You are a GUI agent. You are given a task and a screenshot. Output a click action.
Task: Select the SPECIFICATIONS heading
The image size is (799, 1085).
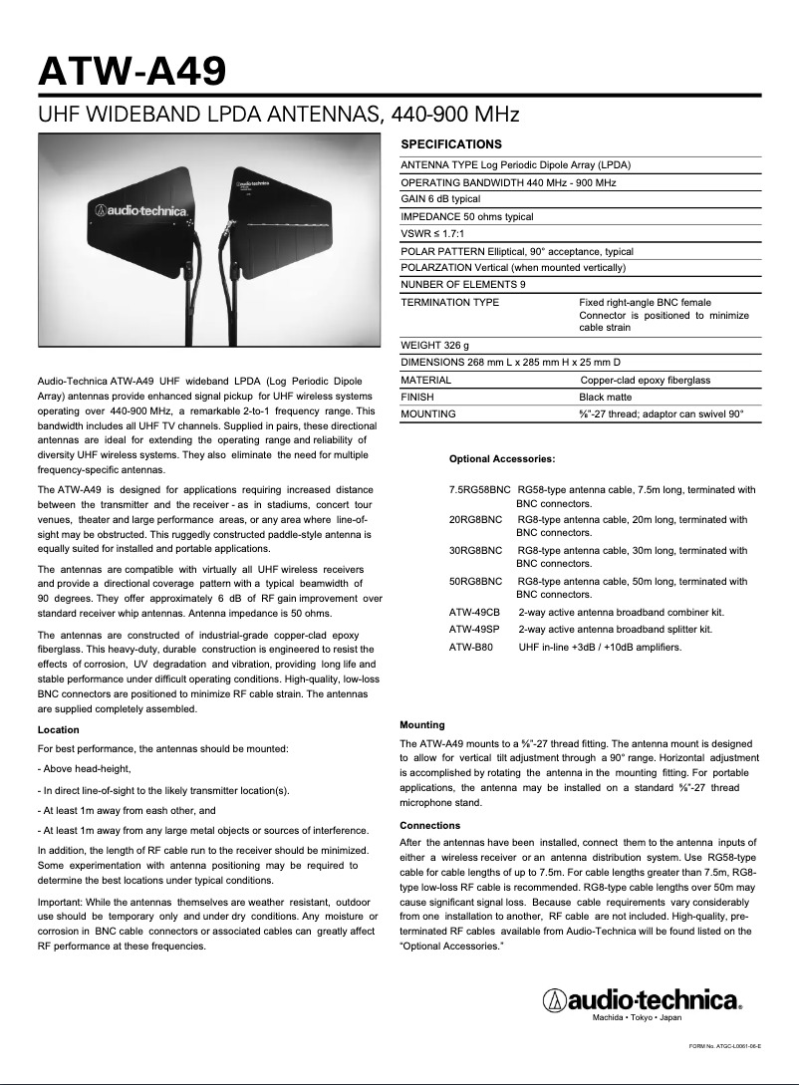450,144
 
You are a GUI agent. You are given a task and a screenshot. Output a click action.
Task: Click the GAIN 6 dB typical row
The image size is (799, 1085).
440,199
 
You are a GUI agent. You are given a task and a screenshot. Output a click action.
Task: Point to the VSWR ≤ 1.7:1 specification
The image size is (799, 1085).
432,234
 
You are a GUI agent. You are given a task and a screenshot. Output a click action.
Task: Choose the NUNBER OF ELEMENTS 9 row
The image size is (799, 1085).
463,284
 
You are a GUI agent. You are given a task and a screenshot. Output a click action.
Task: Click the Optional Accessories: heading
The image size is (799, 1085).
502,459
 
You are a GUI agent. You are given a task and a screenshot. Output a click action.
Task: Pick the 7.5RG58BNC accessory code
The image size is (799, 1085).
479,490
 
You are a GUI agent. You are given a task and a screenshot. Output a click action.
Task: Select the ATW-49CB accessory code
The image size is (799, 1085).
474,612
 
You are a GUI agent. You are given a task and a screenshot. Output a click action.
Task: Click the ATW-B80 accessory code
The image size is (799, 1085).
470,647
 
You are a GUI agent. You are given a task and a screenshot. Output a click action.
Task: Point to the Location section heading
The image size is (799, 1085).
58,730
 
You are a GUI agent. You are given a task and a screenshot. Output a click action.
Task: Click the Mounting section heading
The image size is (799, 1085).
421,724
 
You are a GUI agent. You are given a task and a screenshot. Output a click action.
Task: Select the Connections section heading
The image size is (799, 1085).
429,826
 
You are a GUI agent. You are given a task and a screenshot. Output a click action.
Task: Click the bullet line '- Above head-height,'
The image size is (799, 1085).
84,768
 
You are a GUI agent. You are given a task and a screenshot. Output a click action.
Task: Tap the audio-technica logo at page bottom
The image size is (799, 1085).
642,999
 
